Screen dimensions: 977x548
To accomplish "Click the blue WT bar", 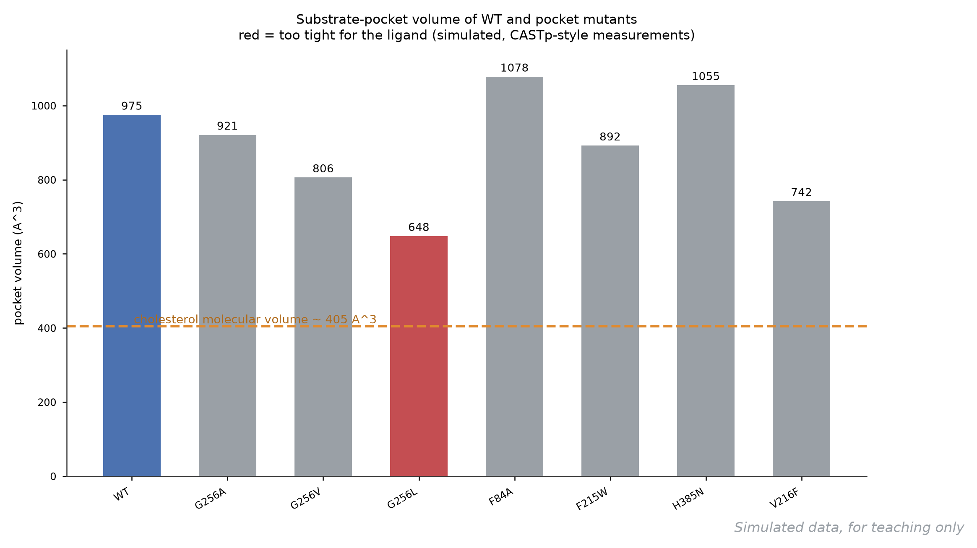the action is pos(132,296).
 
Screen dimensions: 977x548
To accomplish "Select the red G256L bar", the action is pos(419,356).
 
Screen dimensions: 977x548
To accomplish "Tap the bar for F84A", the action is pos(514,276).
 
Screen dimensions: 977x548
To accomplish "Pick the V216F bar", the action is pos(801,339).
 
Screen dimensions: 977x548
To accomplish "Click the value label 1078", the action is pos(514,68).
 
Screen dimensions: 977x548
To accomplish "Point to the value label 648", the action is pos(419,227).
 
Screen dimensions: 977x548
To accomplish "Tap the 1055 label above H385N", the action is pos(706,76).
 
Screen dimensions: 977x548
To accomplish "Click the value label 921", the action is pos(227,126).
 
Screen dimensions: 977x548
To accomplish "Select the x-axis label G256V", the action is pos(306,499).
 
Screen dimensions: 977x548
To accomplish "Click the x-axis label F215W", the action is pos(592,499).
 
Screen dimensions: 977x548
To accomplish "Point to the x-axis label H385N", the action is pos(688,499).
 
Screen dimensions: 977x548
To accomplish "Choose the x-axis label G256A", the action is pos(211,499).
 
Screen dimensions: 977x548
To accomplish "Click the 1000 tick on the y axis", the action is pos(44,106).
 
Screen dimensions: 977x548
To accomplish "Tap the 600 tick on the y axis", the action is pos(47,254).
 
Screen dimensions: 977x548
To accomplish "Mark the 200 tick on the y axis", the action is pos(47,403).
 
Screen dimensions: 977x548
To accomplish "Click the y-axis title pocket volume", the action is pos(18,263).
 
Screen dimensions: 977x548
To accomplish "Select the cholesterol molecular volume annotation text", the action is pos(255,319).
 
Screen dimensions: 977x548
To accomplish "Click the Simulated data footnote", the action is pos(849,527).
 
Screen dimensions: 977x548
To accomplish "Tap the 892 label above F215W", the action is pos(610,137).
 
